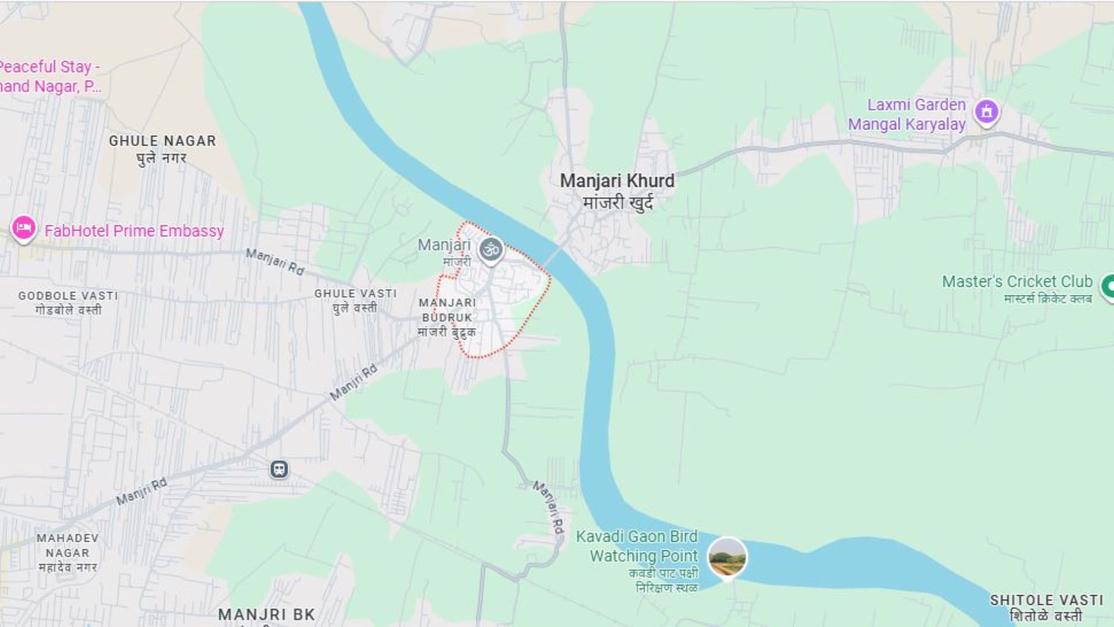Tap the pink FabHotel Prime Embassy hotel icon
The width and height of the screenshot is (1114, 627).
coord(24,228)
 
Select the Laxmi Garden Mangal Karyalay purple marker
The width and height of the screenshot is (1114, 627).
coord(986,111)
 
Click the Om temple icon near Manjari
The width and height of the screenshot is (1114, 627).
coord(491,250)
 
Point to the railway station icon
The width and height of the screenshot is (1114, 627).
coord(279,469)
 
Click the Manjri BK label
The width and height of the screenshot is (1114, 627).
coord(266,614)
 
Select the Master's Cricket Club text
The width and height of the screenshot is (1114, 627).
coord(1017,282)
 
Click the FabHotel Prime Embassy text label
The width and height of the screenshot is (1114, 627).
coord(134,231)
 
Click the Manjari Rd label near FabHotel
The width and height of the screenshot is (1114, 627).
coord(275,262)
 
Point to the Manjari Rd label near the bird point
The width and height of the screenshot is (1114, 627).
coord(549,507)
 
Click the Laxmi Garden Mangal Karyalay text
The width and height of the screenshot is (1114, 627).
coord(907,114)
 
